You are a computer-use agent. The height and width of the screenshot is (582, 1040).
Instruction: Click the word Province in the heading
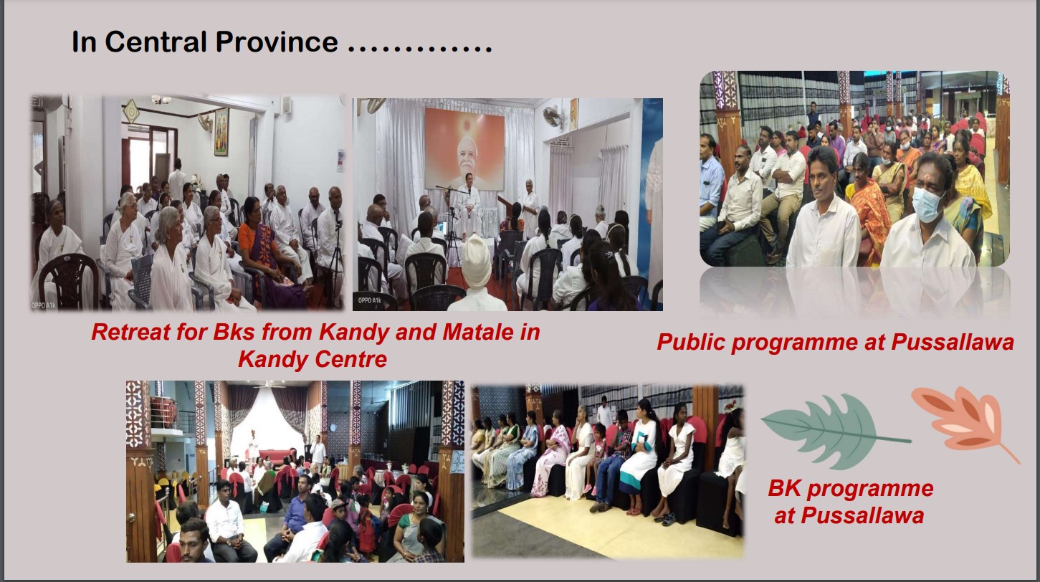pyautogui.click(x=277, y=42)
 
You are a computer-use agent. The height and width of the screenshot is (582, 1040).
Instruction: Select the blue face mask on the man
pyautogui.click(x=927, y=204)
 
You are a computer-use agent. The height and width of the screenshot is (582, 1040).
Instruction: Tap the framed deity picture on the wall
pyautogui.click(x=221, y=132)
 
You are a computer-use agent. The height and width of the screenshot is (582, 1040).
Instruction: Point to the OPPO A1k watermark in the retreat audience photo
pyautogui.click(x=43, y=305)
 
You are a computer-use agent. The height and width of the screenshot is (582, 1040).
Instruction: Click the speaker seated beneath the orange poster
pyautogui.click(x=466, y=204)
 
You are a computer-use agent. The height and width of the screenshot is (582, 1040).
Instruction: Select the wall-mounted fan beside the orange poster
pyautogui.click(x=552, y=116)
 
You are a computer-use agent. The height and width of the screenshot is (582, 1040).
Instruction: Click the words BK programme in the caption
pyautogui.click(x=851, y=488)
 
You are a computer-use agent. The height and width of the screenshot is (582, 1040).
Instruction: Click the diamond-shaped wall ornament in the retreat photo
pyautogui.click(x=131, y=111)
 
